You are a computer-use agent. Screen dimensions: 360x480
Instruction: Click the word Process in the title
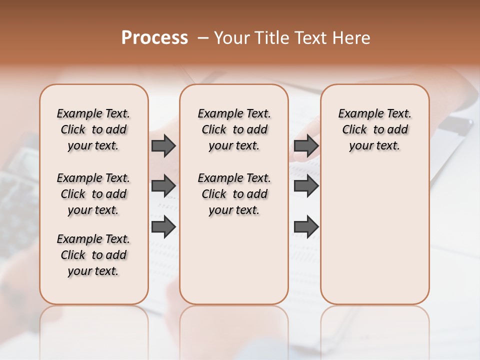(154, 37)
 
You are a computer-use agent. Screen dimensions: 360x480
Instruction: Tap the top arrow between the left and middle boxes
(163, 146)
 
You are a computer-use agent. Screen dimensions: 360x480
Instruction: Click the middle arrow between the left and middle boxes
(163, 186)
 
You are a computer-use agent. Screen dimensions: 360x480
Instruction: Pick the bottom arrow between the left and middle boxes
(163, 227)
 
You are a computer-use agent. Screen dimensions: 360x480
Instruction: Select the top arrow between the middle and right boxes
(306, 146)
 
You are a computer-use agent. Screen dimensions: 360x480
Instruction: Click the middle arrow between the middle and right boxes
(306, 186)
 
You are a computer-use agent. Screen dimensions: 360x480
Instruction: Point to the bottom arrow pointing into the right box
(306, 227)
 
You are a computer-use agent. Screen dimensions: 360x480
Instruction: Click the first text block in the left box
(93, 129)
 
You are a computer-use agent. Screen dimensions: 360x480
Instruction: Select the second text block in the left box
(93, 194)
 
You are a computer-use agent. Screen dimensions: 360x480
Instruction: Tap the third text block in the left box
(93, 255)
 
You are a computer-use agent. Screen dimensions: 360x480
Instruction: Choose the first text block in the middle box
(234, 129)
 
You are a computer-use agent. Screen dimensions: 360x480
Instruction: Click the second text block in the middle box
(234, 194)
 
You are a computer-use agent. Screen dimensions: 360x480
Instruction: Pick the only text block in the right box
(374, 129)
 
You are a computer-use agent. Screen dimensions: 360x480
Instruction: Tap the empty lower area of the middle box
(234, 260)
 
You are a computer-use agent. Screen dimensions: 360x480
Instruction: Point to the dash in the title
(203, 37)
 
